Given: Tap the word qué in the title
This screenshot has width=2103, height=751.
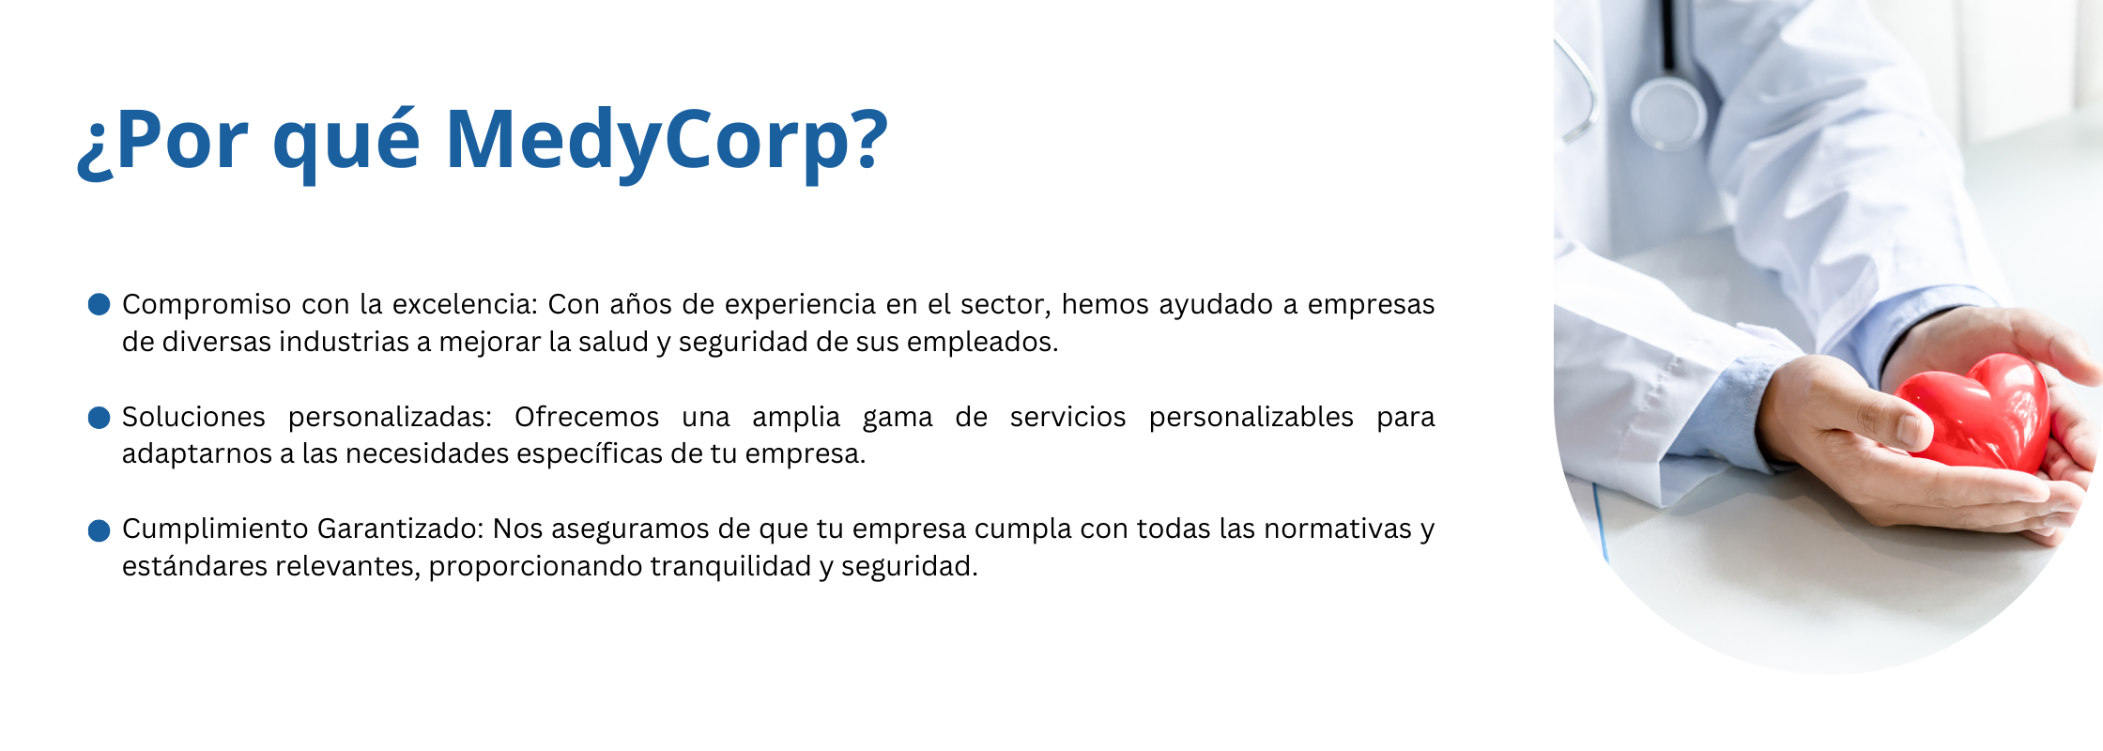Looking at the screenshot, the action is click(345, 141).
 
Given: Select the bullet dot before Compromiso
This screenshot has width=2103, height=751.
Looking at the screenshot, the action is click(99, 304).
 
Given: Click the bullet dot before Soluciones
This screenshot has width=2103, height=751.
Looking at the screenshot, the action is click(99, 417).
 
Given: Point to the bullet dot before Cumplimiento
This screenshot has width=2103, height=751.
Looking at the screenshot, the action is click(99, 530).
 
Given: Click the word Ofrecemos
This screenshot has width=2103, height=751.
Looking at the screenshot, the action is click(587, 417).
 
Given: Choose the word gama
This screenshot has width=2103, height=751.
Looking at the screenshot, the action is click(898, 420).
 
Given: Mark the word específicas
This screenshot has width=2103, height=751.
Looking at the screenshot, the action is click(589, 454).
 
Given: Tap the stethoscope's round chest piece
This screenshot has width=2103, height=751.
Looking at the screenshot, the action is click(1668, 113).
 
